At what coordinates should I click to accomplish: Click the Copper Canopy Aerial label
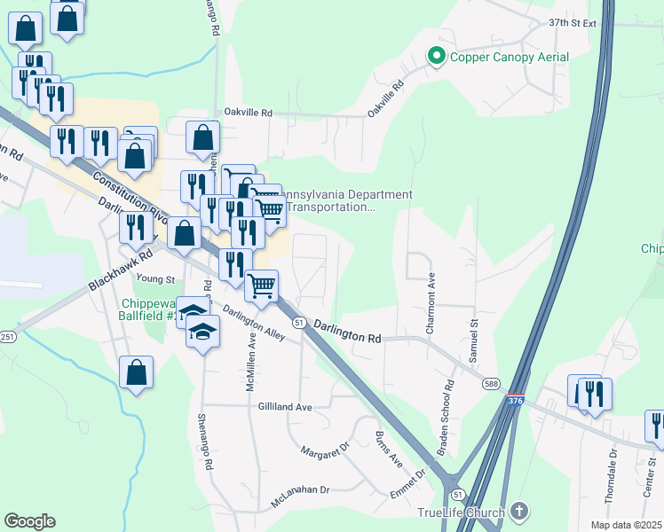click(510, 58)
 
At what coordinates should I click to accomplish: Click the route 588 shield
click(491, 383)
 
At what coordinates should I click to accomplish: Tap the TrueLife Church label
click(461, 512)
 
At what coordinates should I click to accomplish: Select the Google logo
click(29, 521)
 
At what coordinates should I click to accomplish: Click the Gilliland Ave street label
click(285, 406)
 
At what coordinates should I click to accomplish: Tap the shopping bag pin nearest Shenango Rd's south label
click(136, 373)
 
